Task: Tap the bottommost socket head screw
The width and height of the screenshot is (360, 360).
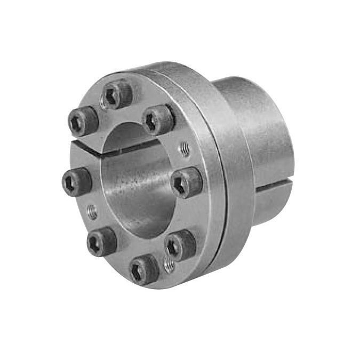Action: click(x=144, y=269)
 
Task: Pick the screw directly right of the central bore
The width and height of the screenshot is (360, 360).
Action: click(x=188, y=182)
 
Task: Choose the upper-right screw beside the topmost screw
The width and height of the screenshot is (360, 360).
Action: click(x=158, y=119)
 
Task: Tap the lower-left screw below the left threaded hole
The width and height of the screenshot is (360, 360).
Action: click(x=101, y=241)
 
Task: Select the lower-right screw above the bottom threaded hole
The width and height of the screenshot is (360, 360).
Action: click(x=180, y=246)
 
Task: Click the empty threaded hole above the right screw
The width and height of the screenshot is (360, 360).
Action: click(x=185, y=149)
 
